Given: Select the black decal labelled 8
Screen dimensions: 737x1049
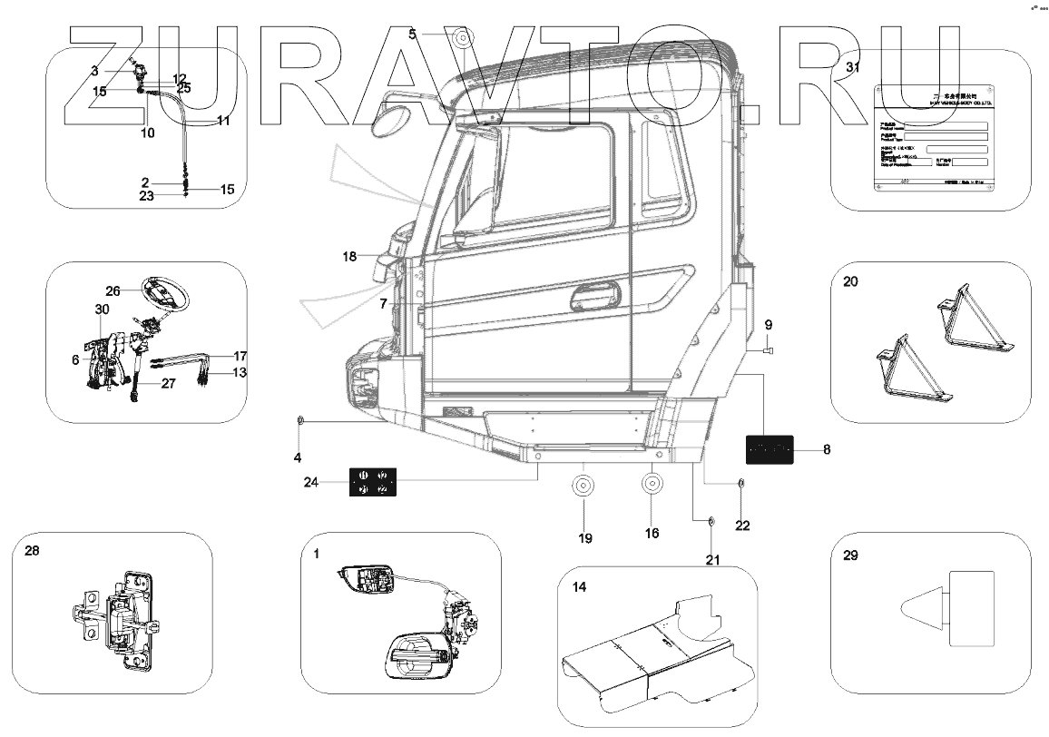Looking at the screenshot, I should pos(770,449).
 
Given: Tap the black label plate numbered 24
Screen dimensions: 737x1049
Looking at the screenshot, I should pos(373,482).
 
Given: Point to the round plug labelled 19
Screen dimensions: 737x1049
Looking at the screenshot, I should pos(583,486).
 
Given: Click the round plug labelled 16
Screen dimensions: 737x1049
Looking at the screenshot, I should pos(652,483).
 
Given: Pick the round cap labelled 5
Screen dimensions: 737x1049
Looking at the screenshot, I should pos(463,38).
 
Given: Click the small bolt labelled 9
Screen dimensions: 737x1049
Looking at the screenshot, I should pos(767,349).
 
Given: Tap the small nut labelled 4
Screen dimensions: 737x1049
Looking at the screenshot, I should pos(299,421).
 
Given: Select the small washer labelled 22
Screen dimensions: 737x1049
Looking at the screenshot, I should pos(740,483).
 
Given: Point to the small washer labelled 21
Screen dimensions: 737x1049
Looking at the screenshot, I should pos(711,521).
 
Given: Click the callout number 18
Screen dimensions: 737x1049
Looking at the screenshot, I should pos(350,257).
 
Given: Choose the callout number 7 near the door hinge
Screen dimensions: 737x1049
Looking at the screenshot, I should pos(383,303).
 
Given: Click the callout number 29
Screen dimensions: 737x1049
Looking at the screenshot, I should pos(849,556).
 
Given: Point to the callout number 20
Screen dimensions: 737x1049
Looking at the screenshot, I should pos(849,282).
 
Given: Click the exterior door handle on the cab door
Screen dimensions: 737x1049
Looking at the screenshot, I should pos(597,296).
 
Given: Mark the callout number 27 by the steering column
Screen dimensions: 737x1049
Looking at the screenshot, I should pos(169,384).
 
